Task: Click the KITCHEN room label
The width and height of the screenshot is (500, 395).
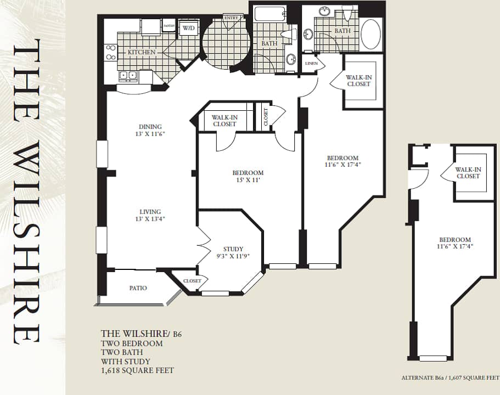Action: point(142,52)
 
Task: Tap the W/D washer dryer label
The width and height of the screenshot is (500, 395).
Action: point(188,27)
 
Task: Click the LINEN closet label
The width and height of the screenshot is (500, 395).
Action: point(311,64)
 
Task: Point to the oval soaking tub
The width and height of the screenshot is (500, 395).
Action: point(370,35)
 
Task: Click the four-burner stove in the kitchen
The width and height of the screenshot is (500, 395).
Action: point(110,52)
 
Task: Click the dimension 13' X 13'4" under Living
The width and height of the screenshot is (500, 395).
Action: point(150,219)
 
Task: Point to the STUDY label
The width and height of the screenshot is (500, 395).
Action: point(233,249)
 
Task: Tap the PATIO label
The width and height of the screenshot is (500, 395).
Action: point(138,288)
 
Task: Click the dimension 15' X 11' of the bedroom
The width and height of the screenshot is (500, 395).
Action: point(248,180)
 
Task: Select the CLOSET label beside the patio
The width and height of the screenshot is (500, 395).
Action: point(192,281)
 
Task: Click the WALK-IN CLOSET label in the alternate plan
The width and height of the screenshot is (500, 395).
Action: point(468,173)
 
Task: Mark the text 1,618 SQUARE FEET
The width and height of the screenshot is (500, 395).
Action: point(137,370)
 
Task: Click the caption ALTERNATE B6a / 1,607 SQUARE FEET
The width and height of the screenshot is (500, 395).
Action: point(450,378)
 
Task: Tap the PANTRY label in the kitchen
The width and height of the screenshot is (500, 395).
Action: point(168,25)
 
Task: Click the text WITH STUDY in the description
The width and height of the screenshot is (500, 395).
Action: point(125,362)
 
